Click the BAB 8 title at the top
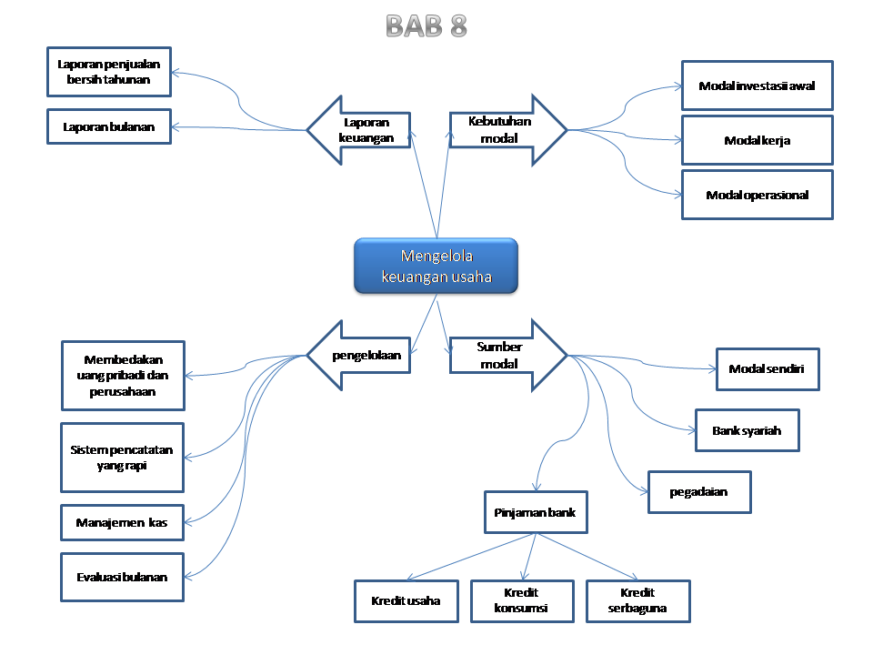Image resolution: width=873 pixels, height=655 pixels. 426,25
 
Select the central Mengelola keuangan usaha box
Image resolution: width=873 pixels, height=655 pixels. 436,267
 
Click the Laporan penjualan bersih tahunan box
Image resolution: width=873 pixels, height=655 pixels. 108,72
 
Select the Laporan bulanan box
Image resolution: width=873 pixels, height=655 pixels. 108,126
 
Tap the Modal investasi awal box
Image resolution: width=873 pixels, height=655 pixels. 757,86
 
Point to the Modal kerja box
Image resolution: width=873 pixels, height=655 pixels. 757,140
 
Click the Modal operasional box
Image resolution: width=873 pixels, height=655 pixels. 757,195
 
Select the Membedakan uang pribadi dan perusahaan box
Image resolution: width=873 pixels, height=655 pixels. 123,375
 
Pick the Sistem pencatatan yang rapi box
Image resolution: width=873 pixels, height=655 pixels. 122,457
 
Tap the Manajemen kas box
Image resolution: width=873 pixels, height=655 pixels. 122,522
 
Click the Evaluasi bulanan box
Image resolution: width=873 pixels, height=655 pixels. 122,577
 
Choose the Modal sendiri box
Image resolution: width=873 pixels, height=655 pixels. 768,368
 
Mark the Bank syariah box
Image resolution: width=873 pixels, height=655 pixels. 747,430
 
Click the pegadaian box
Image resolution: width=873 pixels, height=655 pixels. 698,492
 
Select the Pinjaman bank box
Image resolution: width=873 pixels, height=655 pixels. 536,512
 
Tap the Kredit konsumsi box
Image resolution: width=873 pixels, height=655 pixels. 522,600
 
